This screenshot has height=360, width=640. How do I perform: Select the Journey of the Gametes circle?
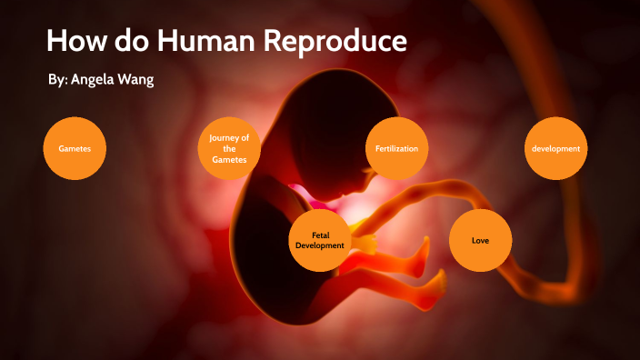[229, 148]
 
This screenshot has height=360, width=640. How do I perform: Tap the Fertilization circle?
[396, 148]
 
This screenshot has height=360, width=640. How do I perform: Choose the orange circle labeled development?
[556, 148]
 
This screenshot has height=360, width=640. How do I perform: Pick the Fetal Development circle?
[320, 240]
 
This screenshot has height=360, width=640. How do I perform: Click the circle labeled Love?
[481, 240]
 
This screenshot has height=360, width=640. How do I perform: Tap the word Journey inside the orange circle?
[229, 137]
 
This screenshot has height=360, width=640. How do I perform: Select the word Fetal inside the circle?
[320, 235]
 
